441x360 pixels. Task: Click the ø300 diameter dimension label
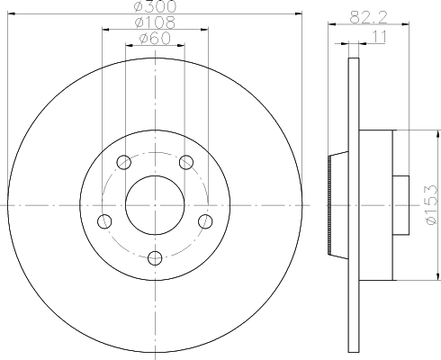pyautogui.click(x=155, y=6)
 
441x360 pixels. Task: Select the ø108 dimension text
pyautogui.click(x=155, y=22)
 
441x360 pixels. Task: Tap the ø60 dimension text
pyautogui.click(x=155, y=38)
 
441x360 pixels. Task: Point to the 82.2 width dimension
pyautogui.click(x=369, y=17)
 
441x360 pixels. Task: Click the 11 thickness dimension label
pyautogui.click(x=379, y=37)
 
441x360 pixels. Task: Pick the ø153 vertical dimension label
pyautogui.click(x=431, y=205)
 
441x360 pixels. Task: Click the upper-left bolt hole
pyautogui.click(x=123, y=162)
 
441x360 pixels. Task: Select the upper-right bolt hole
pyautogui.click(x=186, y=162)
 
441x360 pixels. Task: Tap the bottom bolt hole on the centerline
pyautogui.click(x=155, y=258)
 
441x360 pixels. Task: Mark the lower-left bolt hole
pyautogui.click(x=104, y=221)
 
